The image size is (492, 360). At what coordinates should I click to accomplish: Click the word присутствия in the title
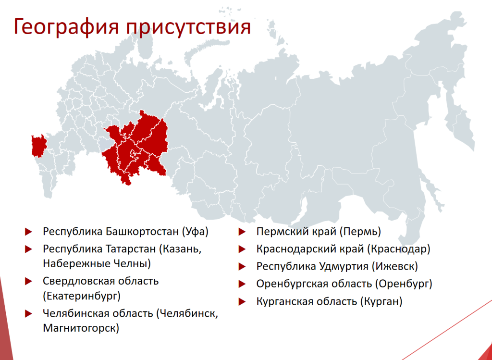click(x=189, y=27)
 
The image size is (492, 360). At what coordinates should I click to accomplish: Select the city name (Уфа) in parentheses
click(x=196, y=232)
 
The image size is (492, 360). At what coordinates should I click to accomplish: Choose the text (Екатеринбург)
click(x=82, y=295)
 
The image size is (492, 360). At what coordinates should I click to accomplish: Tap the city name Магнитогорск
click(x=81, y=328)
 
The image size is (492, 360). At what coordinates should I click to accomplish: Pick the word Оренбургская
click(x=293, y=284)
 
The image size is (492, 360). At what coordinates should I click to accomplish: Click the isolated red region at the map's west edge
click(x=37, y=146)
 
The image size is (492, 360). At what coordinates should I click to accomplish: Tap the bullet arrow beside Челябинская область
click(x=29, y=315)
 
